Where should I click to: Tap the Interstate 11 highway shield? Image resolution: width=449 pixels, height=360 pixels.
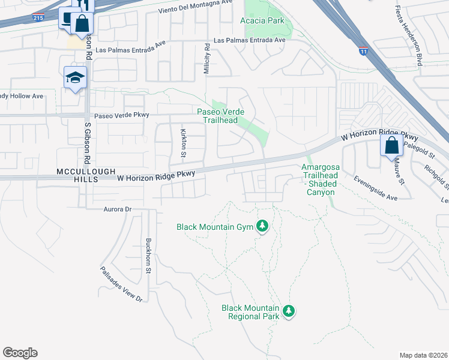pyautogui.click(x=363, y=51)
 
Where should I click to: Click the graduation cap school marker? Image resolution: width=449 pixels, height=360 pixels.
pyautogui.click(x=76, y=77)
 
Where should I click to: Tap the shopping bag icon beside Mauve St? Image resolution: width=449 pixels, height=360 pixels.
pyautogui.click(x=391, y=145)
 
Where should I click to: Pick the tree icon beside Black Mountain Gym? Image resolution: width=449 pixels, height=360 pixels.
pyautogui.click(x=262, y=226)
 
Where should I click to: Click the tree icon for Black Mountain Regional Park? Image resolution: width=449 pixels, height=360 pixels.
pyautogui.click(x=289, y=310)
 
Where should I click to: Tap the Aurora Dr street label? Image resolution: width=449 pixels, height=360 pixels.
pyautogui.click(x=109, y=209)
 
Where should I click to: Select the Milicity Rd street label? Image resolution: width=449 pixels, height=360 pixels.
pyautogui.click(x=207, y=59)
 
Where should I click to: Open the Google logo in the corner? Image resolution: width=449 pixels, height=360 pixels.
pyautogui.click(x=20, y=353)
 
